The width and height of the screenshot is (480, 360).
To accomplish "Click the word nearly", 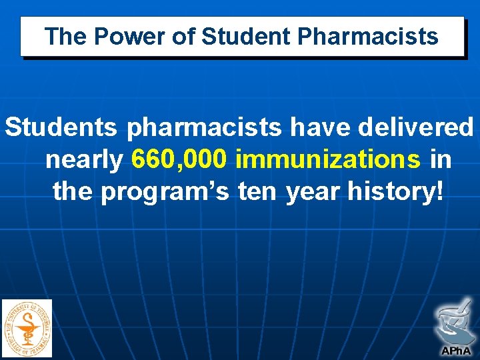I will coord(85,160).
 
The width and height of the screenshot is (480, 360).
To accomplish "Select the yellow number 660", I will coord(155,160).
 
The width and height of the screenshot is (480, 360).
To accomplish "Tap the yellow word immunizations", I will coord(328,160).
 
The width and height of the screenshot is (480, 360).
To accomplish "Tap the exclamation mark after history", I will coord(437,193).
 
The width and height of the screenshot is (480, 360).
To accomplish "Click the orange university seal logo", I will coord(27,327).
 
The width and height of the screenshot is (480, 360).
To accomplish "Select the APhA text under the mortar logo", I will coord(455,350).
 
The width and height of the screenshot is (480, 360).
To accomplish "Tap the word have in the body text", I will coord(313,127).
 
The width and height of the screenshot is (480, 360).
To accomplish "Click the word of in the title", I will coord(183,37).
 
